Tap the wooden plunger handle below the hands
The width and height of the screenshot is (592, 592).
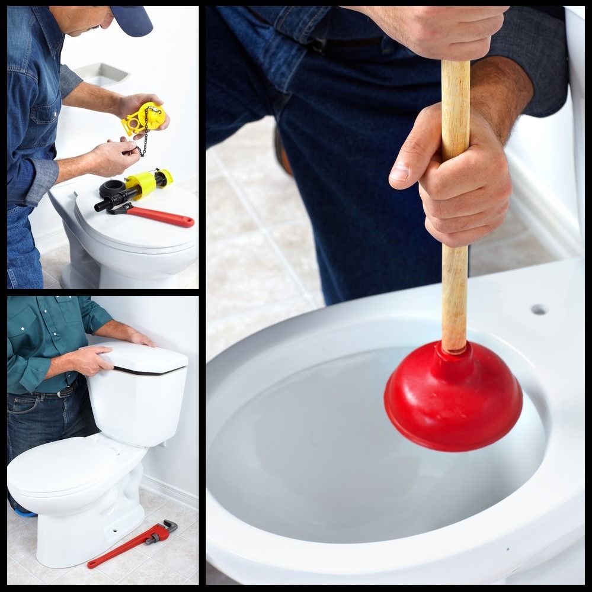click(455, 296)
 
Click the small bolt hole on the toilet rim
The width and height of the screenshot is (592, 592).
click(538, 309)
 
